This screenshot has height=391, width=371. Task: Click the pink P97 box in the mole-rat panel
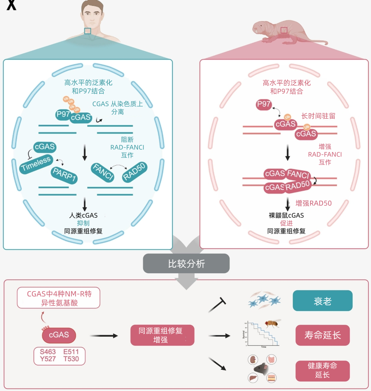pos(264,104)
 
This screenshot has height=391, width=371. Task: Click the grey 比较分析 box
pos(186,264)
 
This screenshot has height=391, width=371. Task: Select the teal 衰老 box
pos(322,301)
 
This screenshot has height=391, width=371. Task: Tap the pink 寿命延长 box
pos(322,335)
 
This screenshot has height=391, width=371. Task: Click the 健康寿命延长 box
pos(322,370)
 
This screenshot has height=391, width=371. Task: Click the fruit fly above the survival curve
pos(272,324)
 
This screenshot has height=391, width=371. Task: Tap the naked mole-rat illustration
pos(288,33)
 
